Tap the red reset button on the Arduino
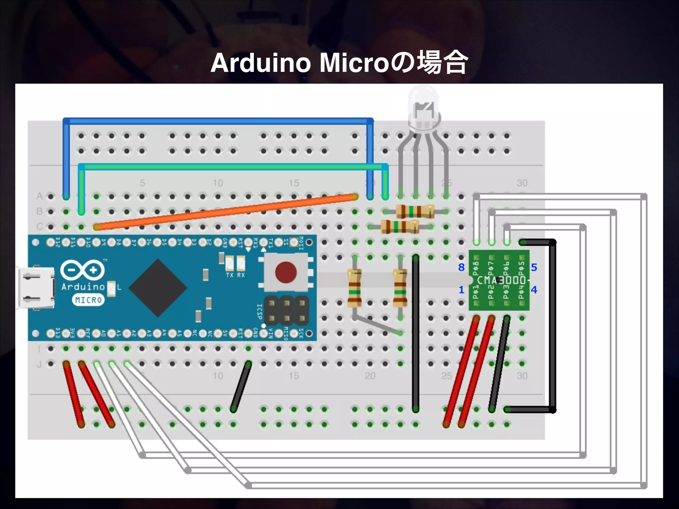pos(285,271)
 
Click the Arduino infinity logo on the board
pos(82,270)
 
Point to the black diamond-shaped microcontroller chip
pos(157,288)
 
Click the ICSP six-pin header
pos(286,311)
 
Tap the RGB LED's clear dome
pos(424,106)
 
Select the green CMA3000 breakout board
pos(499,280)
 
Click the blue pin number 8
pos(461,267)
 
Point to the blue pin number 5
pos(534,267)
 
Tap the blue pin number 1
pos(461,290)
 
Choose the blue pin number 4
pos(534,290)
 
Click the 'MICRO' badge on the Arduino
pos(88,300)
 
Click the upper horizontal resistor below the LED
pos(415,211)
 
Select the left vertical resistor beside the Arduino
pos(354,287)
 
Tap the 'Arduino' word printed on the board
pos(83,286)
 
